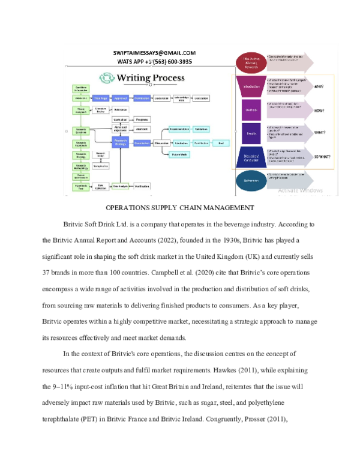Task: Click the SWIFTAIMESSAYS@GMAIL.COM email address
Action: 154,53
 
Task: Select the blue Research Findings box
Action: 121,142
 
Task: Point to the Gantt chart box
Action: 121,120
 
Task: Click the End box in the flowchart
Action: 221,143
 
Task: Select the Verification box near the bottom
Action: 142,186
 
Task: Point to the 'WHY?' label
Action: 320,86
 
